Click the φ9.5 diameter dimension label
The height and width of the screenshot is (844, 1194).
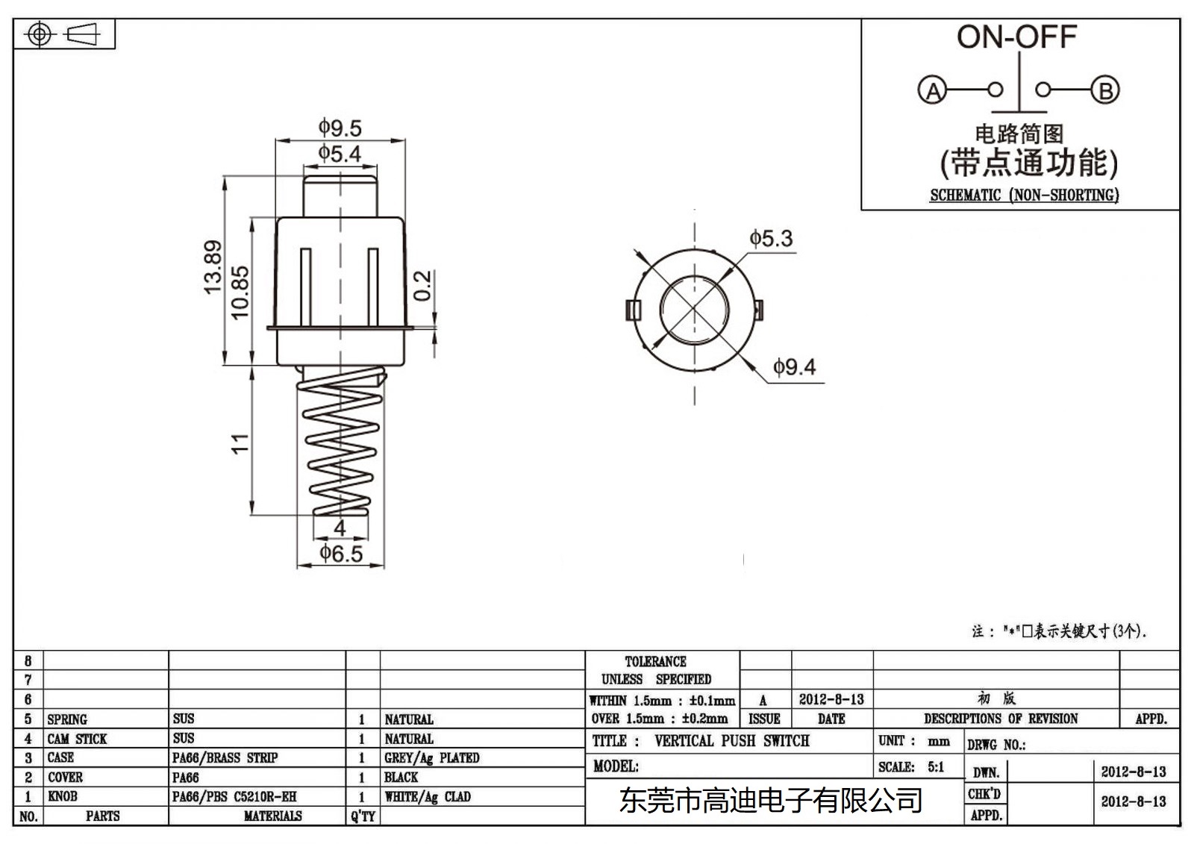340,128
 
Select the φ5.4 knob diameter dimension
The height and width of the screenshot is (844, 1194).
340,154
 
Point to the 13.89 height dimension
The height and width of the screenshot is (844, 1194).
213,267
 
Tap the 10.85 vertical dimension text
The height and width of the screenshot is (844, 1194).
240,293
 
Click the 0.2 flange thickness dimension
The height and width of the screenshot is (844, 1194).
422,286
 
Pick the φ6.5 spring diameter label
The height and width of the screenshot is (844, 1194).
341,554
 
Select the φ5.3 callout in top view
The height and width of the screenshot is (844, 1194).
771,239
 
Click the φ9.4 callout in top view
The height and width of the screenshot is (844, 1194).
794,367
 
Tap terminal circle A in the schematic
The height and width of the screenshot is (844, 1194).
932,91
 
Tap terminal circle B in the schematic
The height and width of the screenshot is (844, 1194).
1105,91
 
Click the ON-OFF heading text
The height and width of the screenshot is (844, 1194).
1016,37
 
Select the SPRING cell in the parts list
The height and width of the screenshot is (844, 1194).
67,719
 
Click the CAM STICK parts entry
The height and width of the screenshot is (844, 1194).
77,739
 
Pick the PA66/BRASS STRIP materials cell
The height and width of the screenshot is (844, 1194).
225,758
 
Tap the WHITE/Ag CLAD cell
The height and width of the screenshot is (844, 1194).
427,797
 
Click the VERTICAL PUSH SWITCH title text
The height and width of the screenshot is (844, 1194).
731,741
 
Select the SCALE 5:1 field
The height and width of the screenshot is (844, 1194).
911,767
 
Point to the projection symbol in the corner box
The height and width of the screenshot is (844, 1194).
63,34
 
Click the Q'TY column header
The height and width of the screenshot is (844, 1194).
363,816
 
